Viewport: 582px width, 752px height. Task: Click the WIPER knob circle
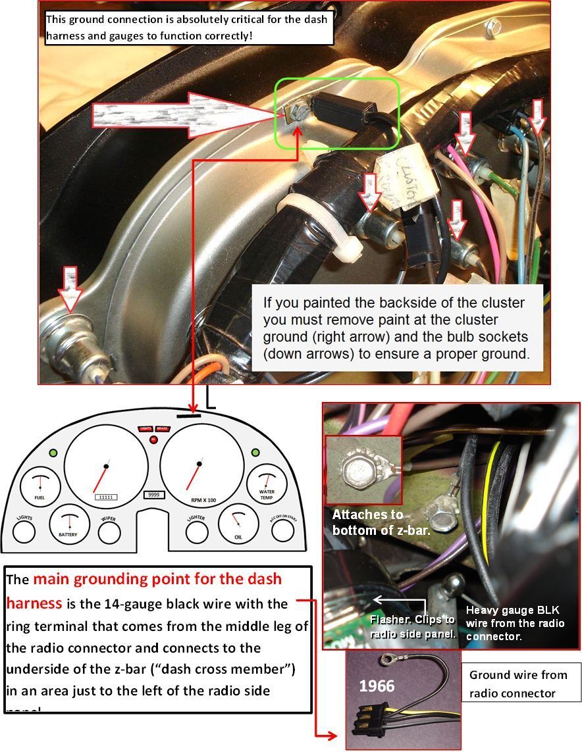tap(109, 530)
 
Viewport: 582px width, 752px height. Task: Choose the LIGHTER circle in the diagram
tap(196, 530)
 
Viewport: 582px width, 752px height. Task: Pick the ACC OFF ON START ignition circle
tap(282, 530)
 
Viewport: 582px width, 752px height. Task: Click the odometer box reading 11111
tap(106, 497)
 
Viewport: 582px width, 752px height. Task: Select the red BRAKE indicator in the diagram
tap(162, 428)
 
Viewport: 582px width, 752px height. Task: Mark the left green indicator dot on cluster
tap(52, 453)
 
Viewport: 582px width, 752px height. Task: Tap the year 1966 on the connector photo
tap(377, 687)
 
